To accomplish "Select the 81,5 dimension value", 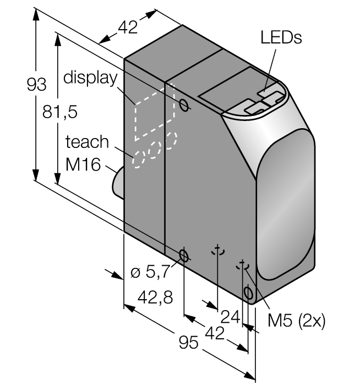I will (59, 112).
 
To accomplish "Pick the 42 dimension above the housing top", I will (128, 28).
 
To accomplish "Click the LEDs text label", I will (281, 37).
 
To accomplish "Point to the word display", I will (90, 78).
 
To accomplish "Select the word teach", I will (87, 142).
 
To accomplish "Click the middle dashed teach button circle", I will (157, 147).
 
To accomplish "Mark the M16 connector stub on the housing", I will (118, 182).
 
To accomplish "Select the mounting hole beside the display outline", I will (186, 104).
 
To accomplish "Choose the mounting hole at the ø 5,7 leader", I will (184, 255).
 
